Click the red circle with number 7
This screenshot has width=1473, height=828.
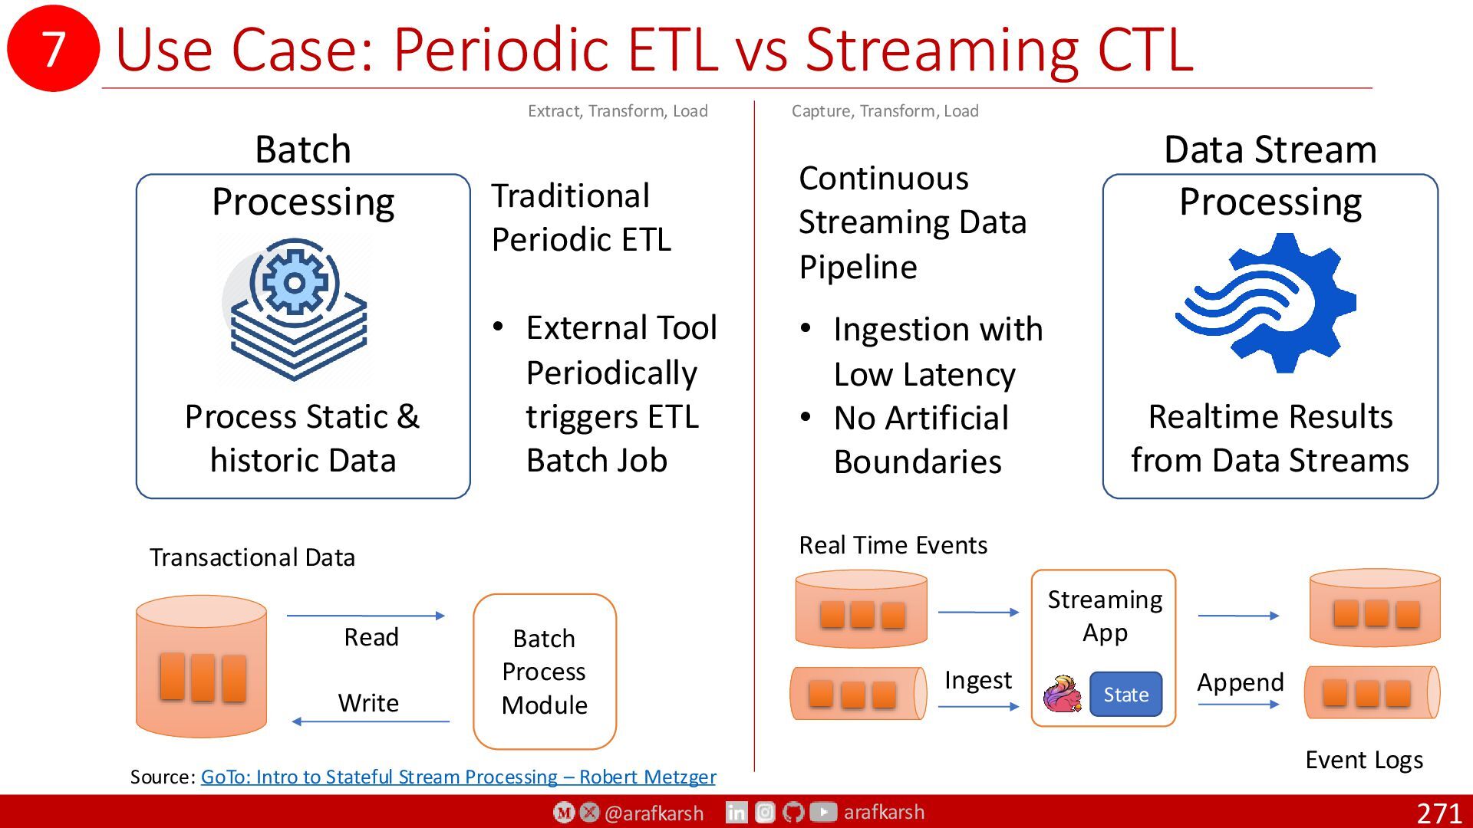click(x=53, y=48)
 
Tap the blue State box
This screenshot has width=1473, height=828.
click(x=1125, y=694)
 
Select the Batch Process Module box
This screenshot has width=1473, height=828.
click(x=545, y=672)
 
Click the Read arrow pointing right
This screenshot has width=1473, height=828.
click(x=366, y=615)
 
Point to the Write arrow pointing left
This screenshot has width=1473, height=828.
click(x=371, y=721)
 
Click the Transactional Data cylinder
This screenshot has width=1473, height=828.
click(x=202, y=666)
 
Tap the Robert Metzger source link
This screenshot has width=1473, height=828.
click(x=458, y=777)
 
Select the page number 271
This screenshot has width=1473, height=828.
click(x=1438, y=813)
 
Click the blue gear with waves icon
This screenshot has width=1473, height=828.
click(x=1267, y=304)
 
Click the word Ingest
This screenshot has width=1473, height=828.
click(x=978, y=681)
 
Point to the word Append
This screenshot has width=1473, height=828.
click(x=1241, y=682)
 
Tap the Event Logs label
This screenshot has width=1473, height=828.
click(x=1364, y=760)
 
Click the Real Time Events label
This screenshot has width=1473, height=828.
click(x=893, y=545)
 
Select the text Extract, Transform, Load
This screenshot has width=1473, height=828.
click(x=618, y=111)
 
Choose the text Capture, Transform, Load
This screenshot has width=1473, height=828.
click(x=885, y=111)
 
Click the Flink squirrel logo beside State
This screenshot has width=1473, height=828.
click(x=1063, y=694)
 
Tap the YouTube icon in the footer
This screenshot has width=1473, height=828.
click(x=823, y=812)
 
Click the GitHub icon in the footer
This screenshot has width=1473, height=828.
click(x=794, y=812)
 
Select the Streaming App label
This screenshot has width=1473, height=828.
click(x=1105, y=616)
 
